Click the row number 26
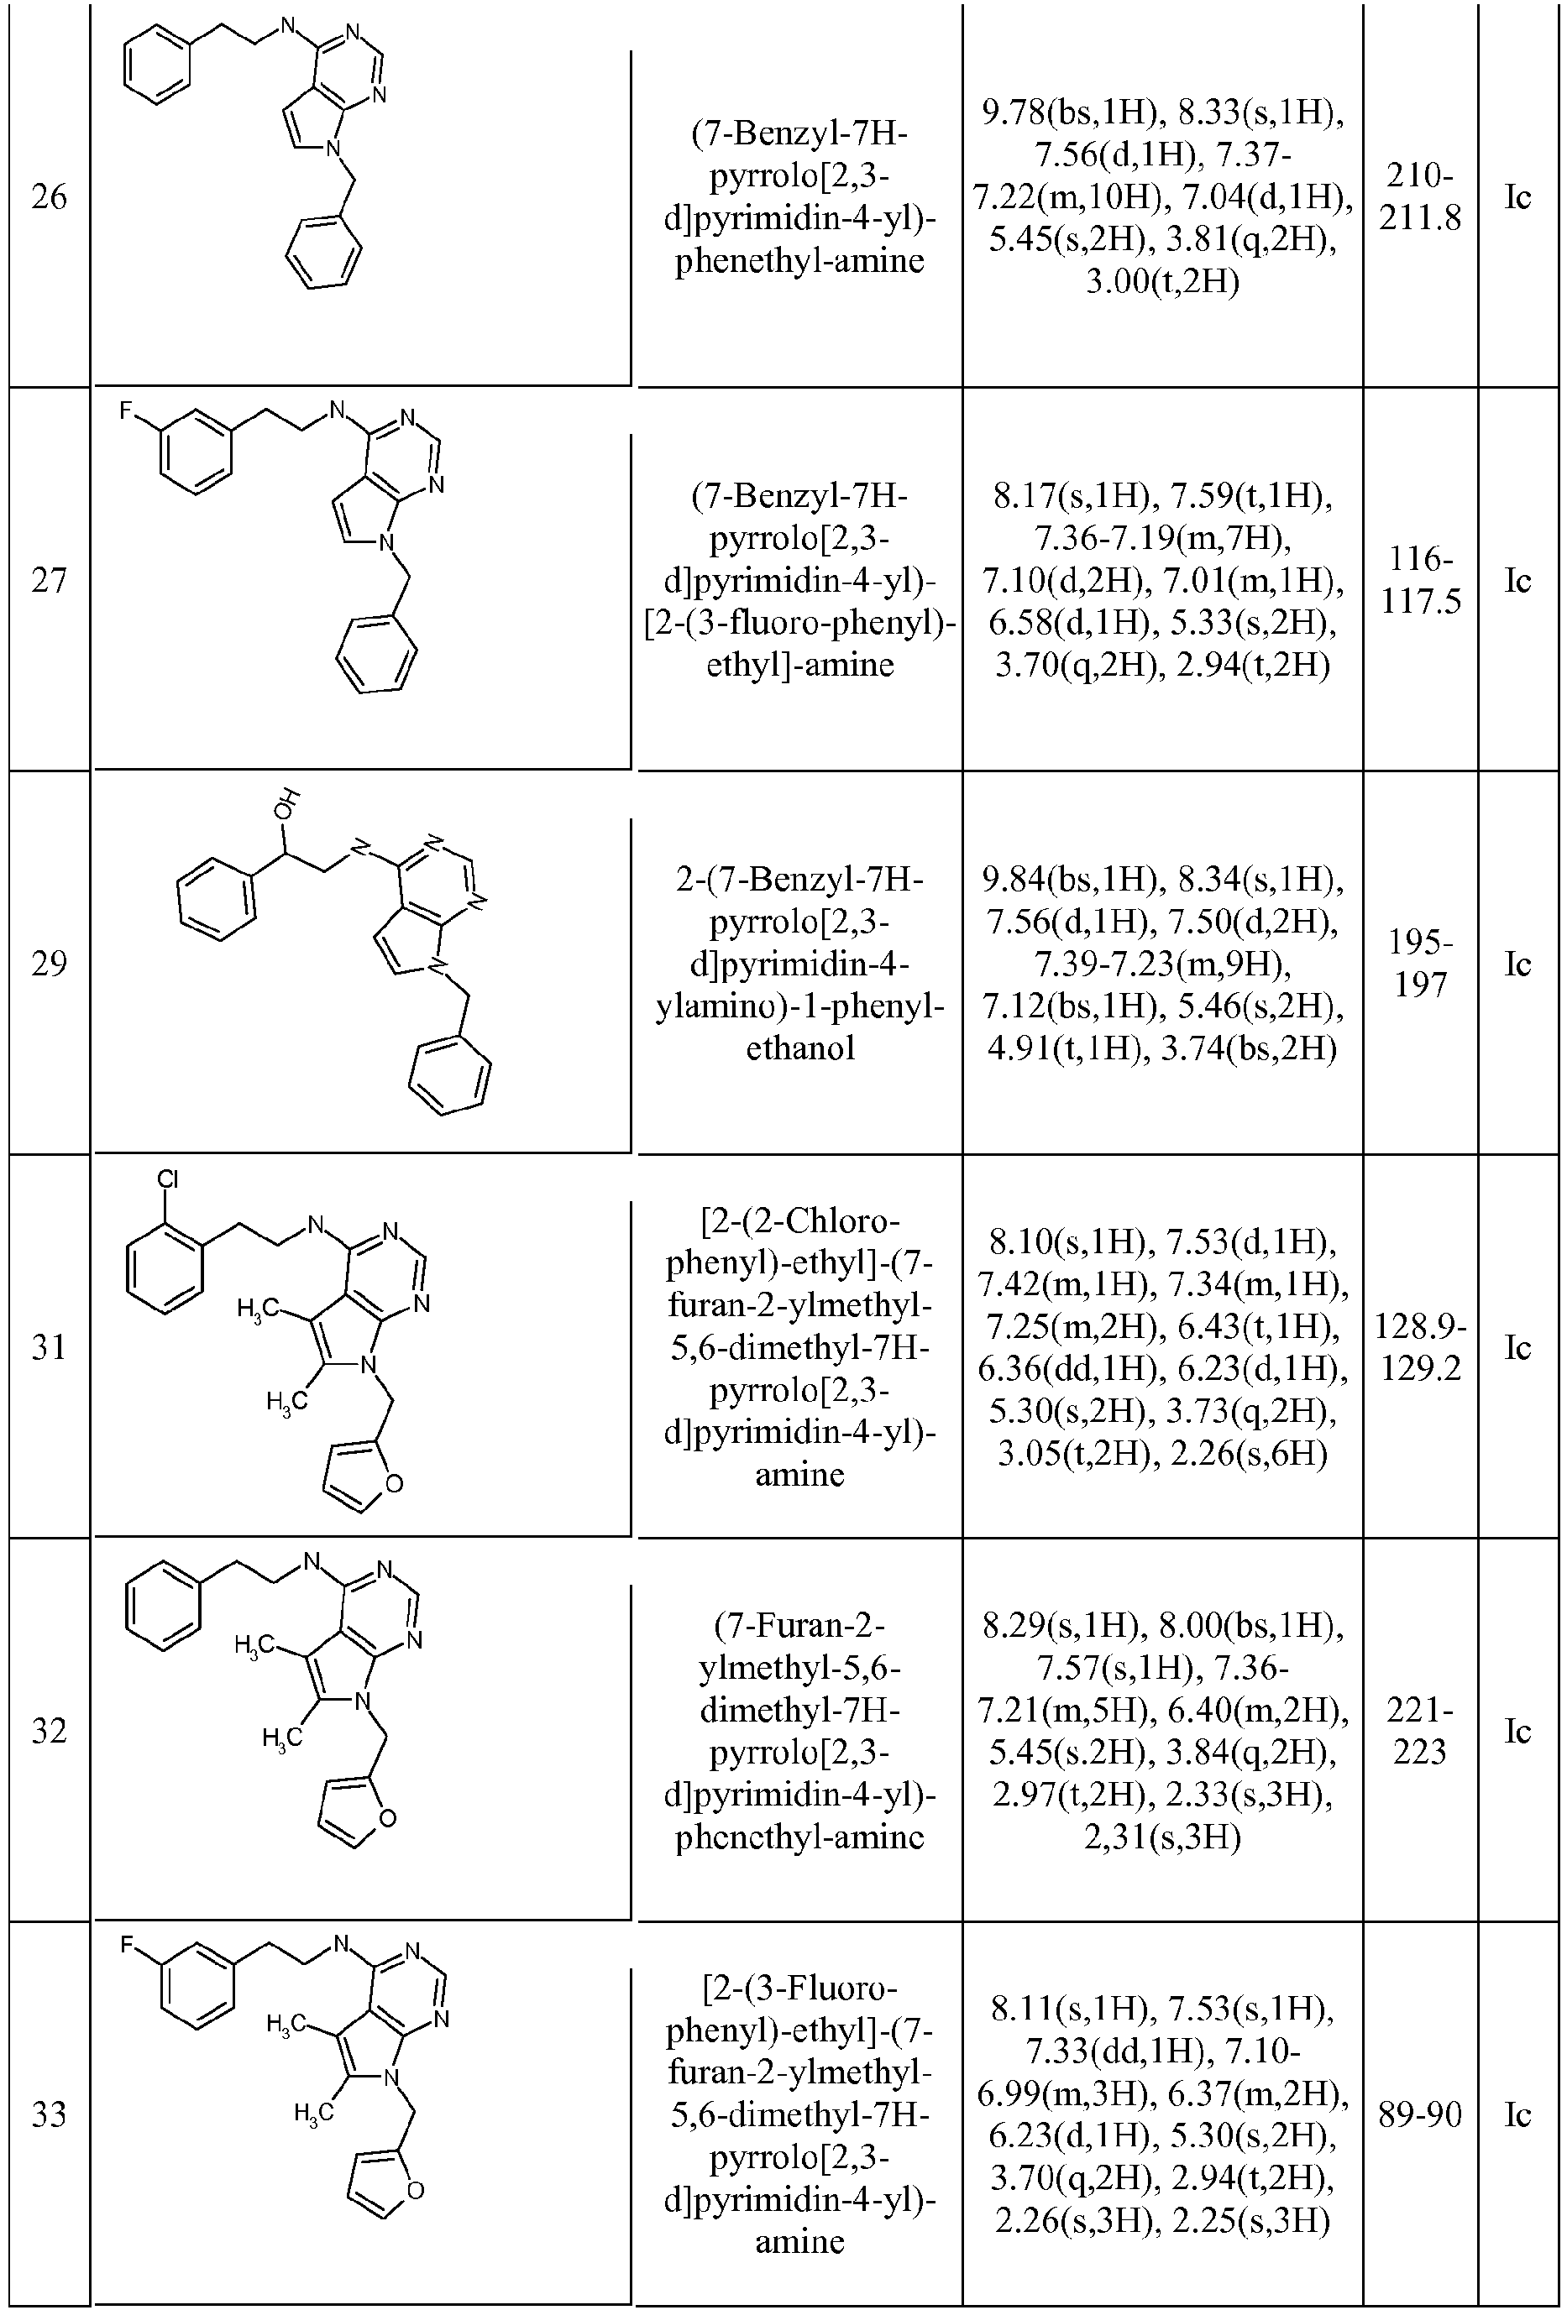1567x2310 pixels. (49, 196)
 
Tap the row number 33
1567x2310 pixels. (49, 2114)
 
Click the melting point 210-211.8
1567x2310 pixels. (1420, 196)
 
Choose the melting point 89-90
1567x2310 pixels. (1420, 2114)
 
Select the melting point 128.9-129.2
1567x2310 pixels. (1420, 1347)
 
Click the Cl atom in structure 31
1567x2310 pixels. (168, 1180)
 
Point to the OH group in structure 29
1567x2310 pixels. (287, 803)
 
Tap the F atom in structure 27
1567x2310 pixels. (126, 410)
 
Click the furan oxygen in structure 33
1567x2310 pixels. (415, 2191)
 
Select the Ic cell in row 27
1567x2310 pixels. (1517, 581)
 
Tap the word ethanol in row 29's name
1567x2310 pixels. (800, 1048)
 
